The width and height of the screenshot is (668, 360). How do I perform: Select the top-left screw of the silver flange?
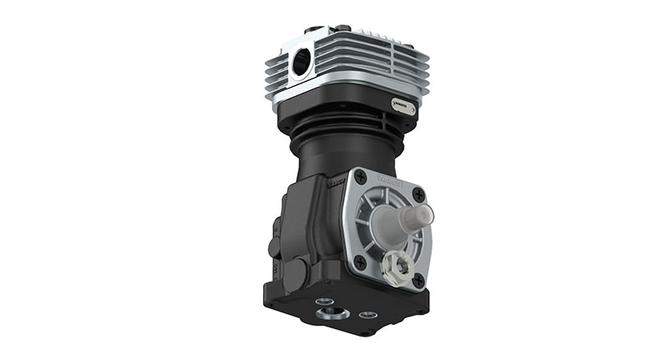click(361, 178)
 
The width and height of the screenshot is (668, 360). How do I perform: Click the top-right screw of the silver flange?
click(418, 194)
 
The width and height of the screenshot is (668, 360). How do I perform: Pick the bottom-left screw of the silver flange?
click(361, 261)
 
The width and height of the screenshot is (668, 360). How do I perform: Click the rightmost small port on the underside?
click(366, 316)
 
